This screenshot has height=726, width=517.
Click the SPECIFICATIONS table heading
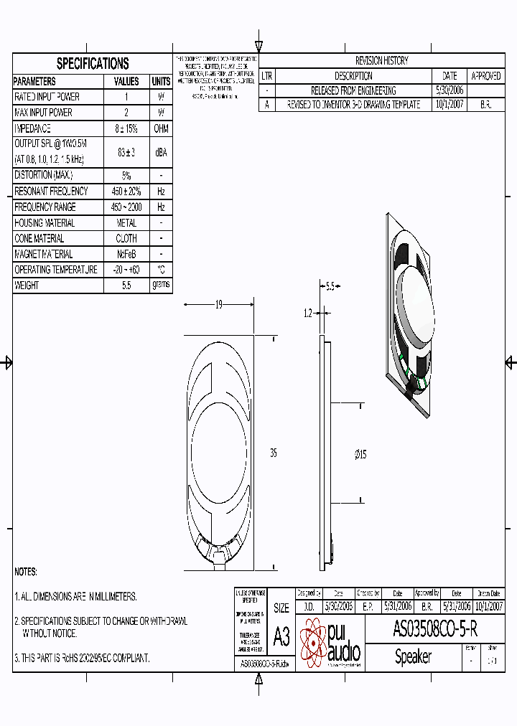click(x=93, y=63)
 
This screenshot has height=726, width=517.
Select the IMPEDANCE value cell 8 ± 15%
click(x=126, y=128)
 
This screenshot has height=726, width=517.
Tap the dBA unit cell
click(x=161, y=152)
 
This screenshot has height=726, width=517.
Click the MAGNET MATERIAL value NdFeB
click(x=126, y=254)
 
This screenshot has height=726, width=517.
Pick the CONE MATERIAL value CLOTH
click(x=126, y=238)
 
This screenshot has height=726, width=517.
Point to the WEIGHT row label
click(x=27, y=286)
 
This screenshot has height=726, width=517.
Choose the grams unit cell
click(x=161, y=285)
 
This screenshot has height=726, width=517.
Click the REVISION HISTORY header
click(x=381, y=61)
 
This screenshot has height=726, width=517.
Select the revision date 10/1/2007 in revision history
click(x=450, y=105)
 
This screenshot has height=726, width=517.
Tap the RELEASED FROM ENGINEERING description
click(x=353, y=90)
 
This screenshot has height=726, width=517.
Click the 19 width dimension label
click(x=219, y=305)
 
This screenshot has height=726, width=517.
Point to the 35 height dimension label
click(x=274, y=453)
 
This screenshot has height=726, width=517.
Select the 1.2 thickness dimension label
click(x=308, y=313)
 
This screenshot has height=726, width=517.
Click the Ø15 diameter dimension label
click(x=360, y=454)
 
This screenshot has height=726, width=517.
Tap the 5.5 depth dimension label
click(x=330, y=287)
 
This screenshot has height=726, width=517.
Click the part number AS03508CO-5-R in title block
click(x=435, y=629)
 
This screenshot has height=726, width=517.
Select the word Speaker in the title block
click(x=414, y=656)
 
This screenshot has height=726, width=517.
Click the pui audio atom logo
click(x=313, y=643)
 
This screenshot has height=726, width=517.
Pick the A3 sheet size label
click(x=281, y=636)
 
